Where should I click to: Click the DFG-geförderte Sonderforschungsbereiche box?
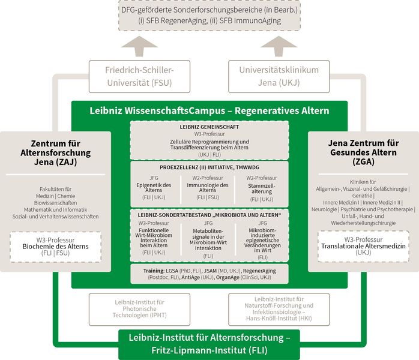[x=209, y=15]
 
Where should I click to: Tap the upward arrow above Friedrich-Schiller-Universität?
[x=139, y=46]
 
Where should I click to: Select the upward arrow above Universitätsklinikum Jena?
[x=279, y=46]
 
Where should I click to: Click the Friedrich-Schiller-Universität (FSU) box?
[x=139, y=76]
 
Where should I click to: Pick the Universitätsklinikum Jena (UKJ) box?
[x=279, y=76]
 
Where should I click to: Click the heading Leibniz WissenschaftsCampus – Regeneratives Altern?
[x=209, y=110]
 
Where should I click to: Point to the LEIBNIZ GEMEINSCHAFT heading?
[x=209, y=127]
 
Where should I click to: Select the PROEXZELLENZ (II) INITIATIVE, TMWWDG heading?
[x=209, y=167]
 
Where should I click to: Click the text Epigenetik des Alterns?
[x=154, y=187]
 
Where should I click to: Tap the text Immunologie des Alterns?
[x=208, y=187]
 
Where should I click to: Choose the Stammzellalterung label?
[x=262, y=188]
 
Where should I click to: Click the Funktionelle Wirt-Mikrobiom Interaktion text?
[x=154, y=238]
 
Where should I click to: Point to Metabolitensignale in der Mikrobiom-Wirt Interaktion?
[x=208, y=239]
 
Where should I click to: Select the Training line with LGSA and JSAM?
[x=209, y=274]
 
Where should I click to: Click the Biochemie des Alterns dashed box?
[x=56, y=247]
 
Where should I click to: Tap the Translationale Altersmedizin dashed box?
[x=363, y=246]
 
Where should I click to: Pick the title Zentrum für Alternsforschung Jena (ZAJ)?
[x=56, y=153]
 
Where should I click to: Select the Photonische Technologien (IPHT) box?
[x=139, y=309]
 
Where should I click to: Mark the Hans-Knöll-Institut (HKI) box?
[x=279, y=309]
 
